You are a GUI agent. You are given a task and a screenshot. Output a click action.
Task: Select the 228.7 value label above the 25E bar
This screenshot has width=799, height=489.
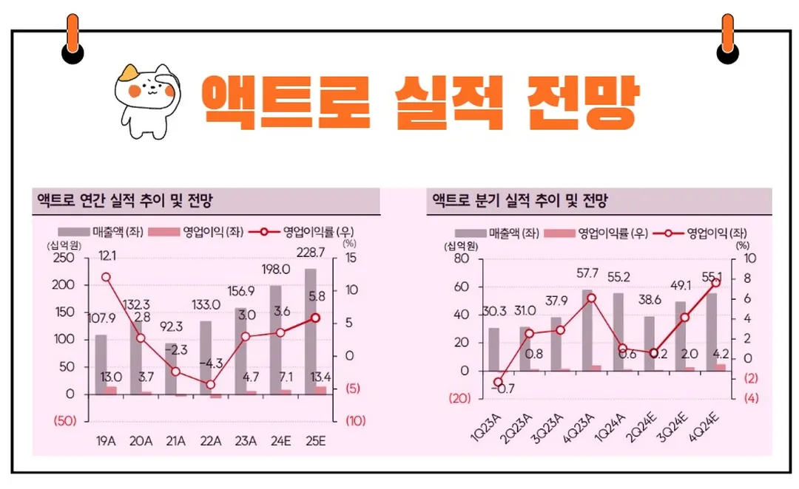point(309,253)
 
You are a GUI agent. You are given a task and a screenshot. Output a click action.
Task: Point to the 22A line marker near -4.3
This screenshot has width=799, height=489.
point(210,384)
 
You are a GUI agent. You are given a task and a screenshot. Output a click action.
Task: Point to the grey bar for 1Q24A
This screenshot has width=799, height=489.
point(619,332)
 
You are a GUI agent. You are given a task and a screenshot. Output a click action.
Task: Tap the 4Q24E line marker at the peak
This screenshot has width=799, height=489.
point(715,283)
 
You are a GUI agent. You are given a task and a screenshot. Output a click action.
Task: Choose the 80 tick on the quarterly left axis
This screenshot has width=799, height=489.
point(461,258)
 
